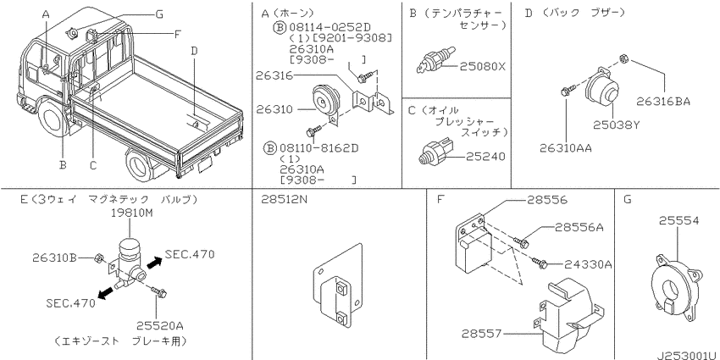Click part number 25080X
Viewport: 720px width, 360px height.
point(482,67)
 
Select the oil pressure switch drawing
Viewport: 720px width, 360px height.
point(435,150)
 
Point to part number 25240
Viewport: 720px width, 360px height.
point(486,157)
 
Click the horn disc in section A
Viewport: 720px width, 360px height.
point(325,100)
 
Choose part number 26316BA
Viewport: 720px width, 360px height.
point(663,102)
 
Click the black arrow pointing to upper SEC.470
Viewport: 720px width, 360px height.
point(154,263)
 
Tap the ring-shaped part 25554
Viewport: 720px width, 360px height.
point(674,287)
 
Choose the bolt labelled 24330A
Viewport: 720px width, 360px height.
point(540,263)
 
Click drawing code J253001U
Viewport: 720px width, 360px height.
point(687,356)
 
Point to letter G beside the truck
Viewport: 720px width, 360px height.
point(159,14)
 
